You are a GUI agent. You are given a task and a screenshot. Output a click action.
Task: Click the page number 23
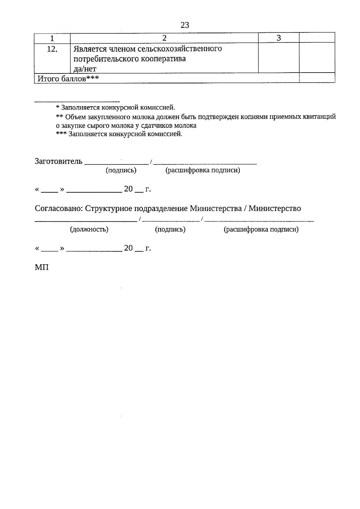pyautogui.click(x=185, y=25)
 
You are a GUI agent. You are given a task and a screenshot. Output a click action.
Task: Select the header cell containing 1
pyautogui.click(x=52, y=38)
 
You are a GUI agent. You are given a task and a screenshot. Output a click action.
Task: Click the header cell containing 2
pyautogui.click(x=164, y=38)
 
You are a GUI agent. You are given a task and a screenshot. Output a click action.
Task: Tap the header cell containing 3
pyautogui.click(x=279, y=38)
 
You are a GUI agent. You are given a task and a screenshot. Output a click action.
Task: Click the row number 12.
pyautogui.click(x=52, y=49)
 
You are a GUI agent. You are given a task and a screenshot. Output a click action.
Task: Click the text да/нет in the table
pyautogui.click(x=85, y=69)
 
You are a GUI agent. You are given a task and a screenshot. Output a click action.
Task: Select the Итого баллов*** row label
pyautogui.click(x=68, y=79)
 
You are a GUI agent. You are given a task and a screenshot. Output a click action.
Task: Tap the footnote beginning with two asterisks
pyautogui.click(x=196, y=117)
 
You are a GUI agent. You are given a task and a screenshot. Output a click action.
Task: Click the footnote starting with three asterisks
pyautogui.click(x=119, y=134)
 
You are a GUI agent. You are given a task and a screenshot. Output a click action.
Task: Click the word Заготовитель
pyautogui.click(x=58, y=161)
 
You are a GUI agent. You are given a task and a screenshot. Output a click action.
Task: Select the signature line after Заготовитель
pyautogui.click(x=117, y=163)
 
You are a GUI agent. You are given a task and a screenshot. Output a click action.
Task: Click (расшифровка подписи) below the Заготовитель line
pyautogui.click(x=203, y=170)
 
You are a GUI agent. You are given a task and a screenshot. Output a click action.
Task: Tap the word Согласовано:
pyautogui.click(x=59, y=208)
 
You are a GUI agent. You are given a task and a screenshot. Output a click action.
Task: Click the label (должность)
pyautogui.click(x=89, y=229)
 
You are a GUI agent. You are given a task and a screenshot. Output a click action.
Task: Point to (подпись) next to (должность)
pyautogui.click(x=170, y=229)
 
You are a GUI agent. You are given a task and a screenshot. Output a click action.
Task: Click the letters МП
pyautogui.click(x=42, y=268)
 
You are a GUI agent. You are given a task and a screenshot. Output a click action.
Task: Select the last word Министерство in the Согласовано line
pyautogui.click(x=274, y=208)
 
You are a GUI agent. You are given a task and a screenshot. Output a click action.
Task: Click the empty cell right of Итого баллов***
pyautogui.click(x=317, y=78)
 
